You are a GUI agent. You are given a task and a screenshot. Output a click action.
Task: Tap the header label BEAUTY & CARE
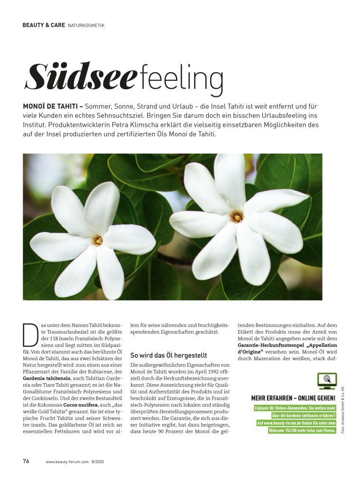tap(43, 25)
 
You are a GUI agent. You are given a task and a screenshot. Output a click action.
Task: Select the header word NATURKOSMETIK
tap(86, 25)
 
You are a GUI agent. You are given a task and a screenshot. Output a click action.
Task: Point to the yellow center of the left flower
tap(98, 240)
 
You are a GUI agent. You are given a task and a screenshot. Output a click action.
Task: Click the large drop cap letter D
tap(30, 335)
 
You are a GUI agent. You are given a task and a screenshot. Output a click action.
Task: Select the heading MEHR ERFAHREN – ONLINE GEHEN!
tap(293, 398)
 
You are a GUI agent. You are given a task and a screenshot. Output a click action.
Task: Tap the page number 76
tap(27, 461)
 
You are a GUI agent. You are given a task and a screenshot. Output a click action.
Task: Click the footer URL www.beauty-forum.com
tap(67, 461)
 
